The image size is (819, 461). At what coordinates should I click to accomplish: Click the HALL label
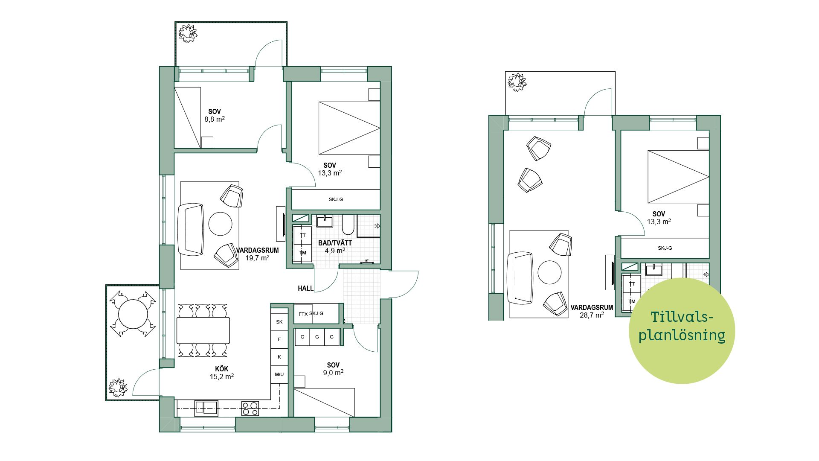pos(305,289)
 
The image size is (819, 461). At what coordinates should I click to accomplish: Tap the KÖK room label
pos(221,369)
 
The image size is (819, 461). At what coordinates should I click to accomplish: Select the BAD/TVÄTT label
pos(335,243)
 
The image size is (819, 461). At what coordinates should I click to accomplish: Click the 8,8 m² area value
pos(215,119)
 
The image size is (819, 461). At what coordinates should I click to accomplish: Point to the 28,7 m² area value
pos(592,315)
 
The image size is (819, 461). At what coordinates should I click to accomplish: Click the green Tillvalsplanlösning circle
pos(682,331)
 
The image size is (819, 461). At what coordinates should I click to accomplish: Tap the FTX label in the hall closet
pos(303,314)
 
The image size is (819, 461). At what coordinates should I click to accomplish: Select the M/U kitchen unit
pos(279,374)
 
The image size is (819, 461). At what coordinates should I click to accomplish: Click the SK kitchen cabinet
pos(279,322)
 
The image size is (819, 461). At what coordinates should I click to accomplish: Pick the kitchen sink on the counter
pos(206,408)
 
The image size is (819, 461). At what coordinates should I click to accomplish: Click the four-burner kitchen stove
pos(250,408)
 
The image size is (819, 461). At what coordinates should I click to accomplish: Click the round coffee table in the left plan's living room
pos(220,223)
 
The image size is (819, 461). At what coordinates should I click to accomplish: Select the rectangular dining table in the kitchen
pos(203,330)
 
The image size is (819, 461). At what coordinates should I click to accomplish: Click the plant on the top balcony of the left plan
pos(187,33)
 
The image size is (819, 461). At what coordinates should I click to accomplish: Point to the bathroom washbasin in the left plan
pos(325,221)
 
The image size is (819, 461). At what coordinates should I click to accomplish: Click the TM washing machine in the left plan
pos(303,253)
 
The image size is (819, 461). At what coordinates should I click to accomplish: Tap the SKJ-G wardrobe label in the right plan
pos(665,248)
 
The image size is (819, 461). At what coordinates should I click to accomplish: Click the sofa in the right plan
pos(520,278)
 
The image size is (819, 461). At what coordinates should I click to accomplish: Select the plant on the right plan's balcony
pos(517,82)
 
